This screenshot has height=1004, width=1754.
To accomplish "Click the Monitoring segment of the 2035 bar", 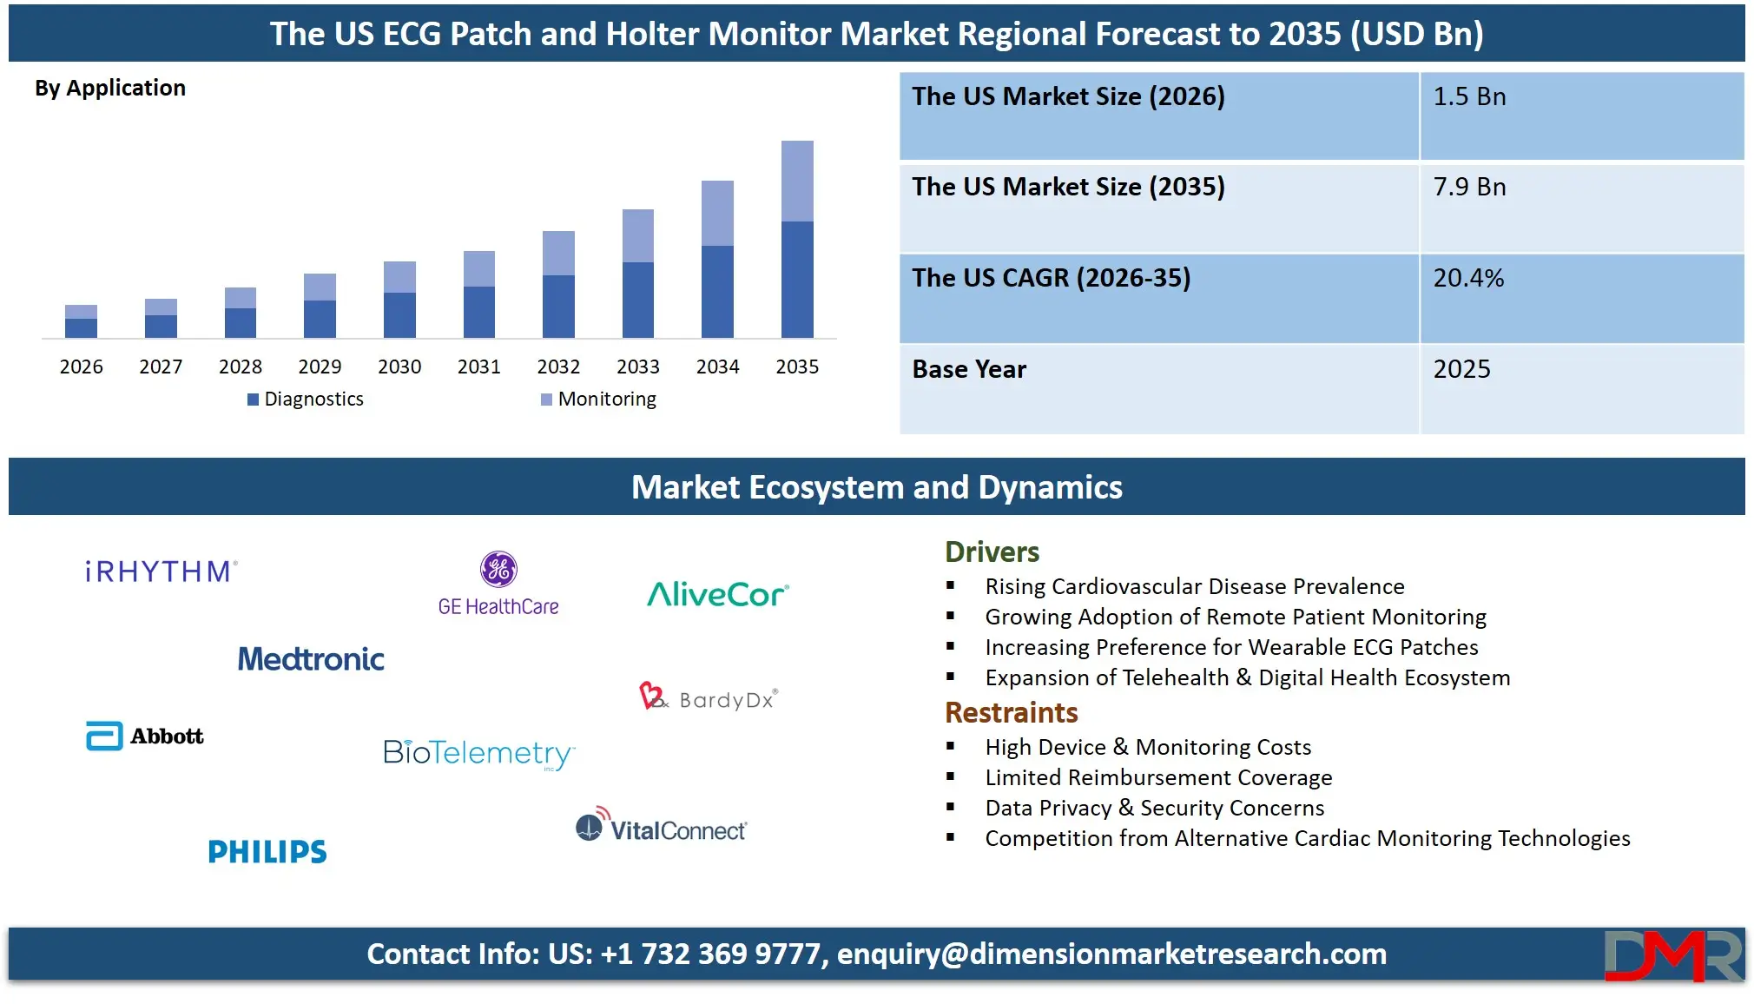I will (x=797, y=181).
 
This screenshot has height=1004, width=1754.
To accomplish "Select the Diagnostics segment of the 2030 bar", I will (x=399, y=314).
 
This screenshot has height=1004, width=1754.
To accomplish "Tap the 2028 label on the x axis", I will (x=241, y=367).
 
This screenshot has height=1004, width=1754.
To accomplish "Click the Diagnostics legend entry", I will (x=306, y=400).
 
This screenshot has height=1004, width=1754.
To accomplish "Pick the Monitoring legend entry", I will (x=599, y=400).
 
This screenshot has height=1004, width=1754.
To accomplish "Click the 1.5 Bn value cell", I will (x=1469, y=96).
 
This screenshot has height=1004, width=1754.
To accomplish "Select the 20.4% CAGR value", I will (x=1468, y=278).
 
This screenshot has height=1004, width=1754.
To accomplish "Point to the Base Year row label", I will (x=969, y=369).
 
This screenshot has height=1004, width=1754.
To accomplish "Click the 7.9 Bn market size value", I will (x=1469, y=187).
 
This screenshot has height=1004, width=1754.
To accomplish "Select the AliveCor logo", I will (x=717, y=595).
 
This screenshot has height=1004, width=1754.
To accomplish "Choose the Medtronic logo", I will (x=311, y=659).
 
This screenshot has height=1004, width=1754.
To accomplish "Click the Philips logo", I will (x=267, y=852).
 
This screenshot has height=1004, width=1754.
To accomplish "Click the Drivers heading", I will (x=992, y=552).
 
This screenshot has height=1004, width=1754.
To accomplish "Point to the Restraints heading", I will (x=1011, y=713).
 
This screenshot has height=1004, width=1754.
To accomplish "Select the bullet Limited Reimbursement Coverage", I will (x=1157, y=777).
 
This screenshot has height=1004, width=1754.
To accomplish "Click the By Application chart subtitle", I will (x=110, y=88).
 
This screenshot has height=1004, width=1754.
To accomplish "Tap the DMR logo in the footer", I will (x=1672, y=955).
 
